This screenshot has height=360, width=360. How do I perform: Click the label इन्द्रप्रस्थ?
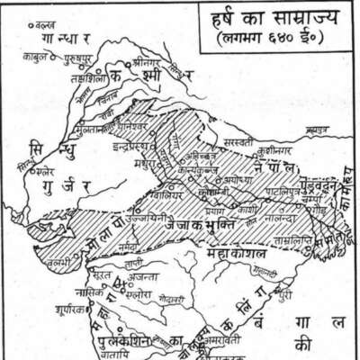[x=128, y=144]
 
